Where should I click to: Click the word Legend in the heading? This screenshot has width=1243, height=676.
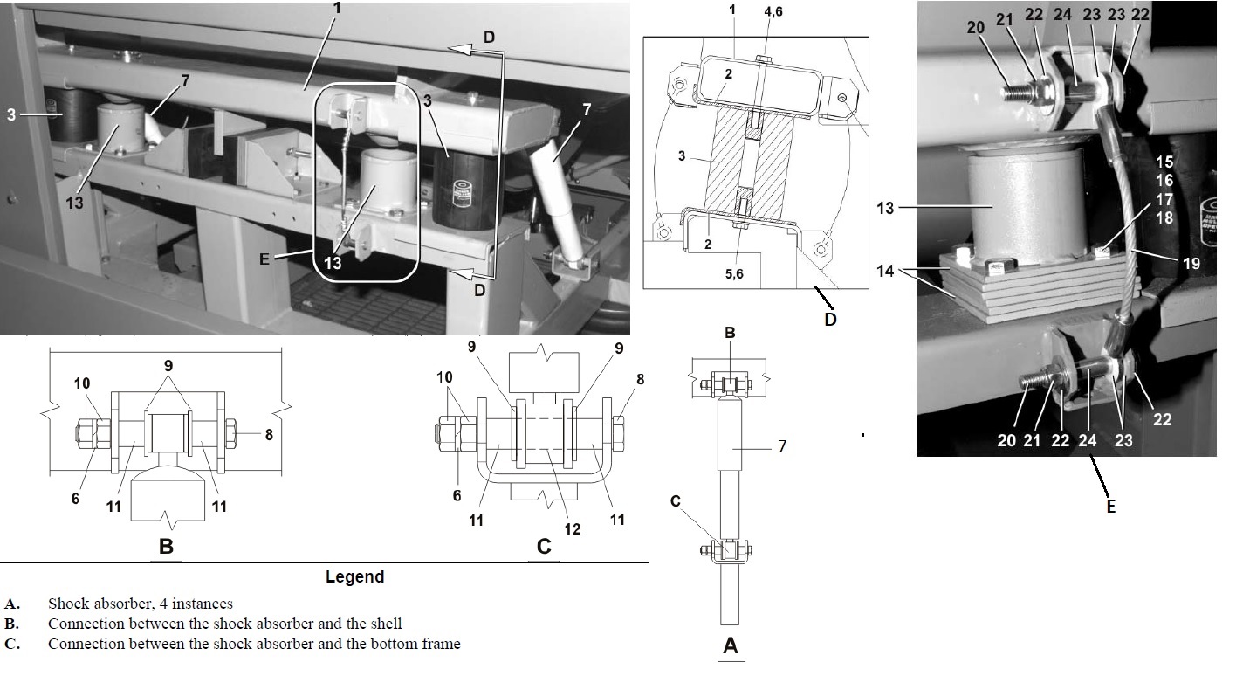[354, 576]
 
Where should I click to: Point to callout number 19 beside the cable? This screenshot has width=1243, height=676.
[1191, 262]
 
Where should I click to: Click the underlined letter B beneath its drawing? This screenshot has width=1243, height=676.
[167, 548]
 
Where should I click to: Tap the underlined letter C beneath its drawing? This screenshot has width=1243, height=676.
[544, 548]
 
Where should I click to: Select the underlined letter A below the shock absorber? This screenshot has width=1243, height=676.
[731, 646]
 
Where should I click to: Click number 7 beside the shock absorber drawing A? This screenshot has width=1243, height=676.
[781, 446]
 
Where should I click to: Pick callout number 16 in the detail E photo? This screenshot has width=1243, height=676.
[1164, 181]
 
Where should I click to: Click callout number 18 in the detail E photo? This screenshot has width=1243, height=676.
[1164, 217]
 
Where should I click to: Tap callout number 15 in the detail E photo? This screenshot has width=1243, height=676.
[1164, 162]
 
